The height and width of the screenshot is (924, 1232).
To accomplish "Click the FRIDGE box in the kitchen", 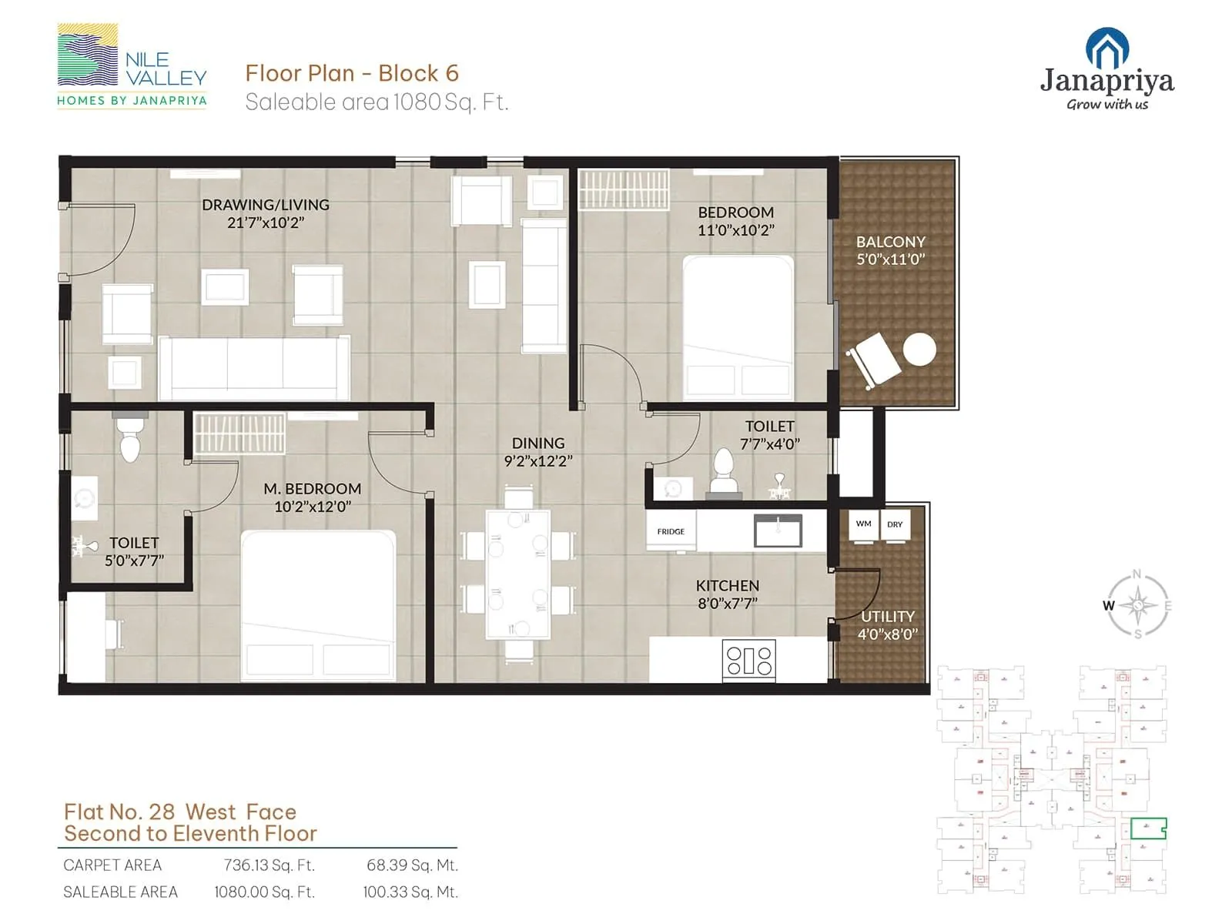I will click(x=671, y=532).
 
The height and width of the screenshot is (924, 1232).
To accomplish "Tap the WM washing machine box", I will click(x=863, y=524).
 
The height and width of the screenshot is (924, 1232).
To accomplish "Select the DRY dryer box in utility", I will click(x=895, y=524).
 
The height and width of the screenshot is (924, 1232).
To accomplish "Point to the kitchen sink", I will click(x=778, y=531).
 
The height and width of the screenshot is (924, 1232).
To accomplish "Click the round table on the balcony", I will click(x=919, y=350).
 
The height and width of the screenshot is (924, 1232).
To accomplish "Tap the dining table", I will click(x=518, y=574).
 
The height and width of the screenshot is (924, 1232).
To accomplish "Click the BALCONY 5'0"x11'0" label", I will click(x=891, y=250).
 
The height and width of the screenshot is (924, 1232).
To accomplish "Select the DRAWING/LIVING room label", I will click(x=266, y=205).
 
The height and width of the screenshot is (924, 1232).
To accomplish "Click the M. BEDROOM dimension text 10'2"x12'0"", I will click(x=313, y=507).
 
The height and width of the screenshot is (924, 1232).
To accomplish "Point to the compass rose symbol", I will click(x=1138, y=605).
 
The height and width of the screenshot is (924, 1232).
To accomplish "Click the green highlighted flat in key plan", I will click(x=1148, y=829).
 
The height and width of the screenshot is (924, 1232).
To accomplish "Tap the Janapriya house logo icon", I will click(x=1106, y=49).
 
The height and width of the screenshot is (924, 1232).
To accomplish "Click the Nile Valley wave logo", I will click(x=88, y=55).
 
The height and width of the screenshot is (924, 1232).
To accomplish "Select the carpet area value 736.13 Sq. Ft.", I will click(x=269, y=865).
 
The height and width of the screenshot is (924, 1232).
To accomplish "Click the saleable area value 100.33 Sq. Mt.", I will click(x=410, y=892).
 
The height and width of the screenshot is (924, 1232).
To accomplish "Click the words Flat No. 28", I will click(x=119, y=812).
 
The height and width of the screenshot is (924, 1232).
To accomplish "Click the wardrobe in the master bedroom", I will click(x=239, y=433).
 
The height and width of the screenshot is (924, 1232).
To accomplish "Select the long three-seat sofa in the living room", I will click(x=254, y=367).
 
